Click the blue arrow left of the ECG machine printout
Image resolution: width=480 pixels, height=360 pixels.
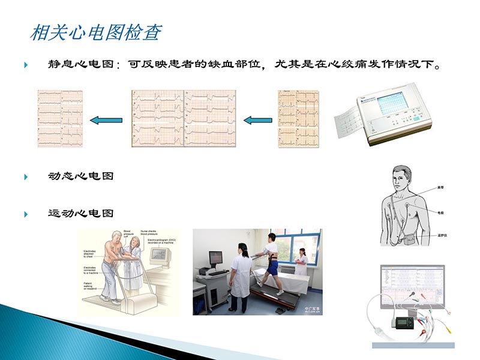click(x=257, y=120)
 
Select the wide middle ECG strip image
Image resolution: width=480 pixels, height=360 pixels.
click(x=184, y=118)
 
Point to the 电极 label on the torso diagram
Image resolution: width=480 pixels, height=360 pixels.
click(x=440, y=212)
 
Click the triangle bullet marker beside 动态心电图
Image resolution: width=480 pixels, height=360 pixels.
click(x=26, y=176)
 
